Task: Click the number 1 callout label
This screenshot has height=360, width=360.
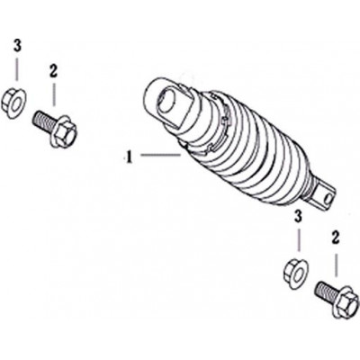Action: pos(129,157)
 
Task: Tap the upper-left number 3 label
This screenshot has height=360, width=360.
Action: pos(17,47)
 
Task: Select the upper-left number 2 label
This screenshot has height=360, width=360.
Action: pos(53,71)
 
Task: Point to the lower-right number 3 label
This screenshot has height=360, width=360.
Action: pos(298,217)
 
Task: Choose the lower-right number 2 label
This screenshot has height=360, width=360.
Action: pos(335,238)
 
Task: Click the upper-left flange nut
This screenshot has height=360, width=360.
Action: pos(13,102)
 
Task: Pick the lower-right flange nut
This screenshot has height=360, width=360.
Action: pos(295,274)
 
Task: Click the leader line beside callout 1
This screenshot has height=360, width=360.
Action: pos(160,155)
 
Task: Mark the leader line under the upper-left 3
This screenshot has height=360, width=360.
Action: pos(17,69)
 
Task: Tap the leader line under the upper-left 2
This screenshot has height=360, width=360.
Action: pos(54,94)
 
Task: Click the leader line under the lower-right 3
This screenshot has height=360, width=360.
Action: pos(299,239)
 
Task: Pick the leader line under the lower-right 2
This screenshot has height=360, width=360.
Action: pos(336,265)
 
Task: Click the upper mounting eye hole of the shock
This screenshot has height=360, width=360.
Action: pos(168,102)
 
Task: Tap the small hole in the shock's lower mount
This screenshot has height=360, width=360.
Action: pos(328,198)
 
